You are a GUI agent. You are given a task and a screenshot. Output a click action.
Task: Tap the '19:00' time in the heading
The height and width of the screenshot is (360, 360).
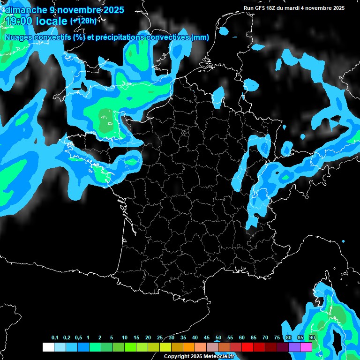19,21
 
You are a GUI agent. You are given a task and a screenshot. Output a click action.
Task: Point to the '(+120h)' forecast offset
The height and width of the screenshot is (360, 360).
83,21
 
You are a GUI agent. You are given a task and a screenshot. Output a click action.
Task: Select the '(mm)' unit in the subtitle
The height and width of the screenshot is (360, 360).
200,37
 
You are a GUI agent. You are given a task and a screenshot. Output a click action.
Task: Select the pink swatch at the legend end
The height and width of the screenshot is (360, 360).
306,347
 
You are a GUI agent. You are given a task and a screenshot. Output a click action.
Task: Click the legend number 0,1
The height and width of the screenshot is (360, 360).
55,338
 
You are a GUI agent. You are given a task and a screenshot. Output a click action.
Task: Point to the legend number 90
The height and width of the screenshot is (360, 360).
312,338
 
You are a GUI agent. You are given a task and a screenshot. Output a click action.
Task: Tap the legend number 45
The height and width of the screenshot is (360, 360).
207,338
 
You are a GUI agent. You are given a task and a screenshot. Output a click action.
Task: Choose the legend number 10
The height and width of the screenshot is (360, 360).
125,338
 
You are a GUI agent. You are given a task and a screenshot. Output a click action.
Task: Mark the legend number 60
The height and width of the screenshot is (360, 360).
242,338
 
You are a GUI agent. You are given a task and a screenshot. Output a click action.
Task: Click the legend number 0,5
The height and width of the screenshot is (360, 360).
78,338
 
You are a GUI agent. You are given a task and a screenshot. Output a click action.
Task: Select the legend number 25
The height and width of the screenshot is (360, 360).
160,338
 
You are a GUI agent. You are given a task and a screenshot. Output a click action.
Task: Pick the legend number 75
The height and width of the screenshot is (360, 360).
277,338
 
